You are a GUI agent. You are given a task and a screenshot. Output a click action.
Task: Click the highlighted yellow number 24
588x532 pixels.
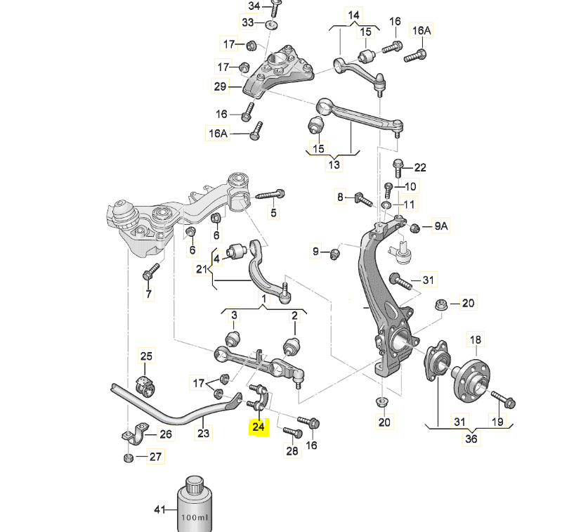259,426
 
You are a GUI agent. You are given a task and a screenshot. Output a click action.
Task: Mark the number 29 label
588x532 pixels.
221,87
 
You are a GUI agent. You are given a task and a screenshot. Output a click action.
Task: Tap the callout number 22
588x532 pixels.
420,167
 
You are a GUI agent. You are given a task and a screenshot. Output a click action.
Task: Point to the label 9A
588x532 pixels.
440,226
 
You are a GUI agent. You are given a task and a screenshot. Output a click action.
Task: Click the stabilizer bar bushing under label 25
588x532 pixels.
143,385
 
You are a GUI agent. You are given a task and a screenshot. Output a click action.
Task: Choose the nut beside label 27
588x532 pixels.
128,458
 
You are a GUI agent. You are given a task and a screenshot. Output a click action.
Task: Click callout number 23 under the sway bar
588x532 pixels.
203,434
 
